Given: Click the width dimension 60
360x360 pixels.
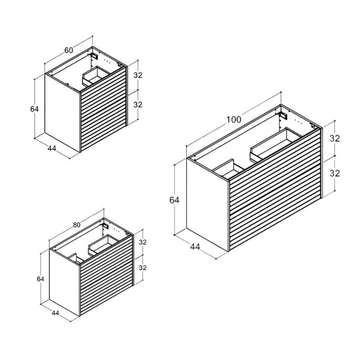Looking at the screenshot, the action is (68, 50).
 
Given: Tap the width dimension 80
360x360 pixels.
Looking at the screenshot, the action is (77, 225).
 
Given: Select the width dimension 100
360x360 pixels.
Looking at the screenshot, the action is (234, 120).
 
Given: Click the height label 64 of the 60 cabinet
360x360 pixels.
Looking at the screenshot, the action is (34, 109).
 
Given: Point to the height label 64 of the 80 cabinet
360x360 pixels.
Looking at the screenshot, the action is (40, 279).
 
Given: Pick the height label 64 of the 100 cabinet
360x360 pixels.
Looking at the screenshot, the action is (174, 200).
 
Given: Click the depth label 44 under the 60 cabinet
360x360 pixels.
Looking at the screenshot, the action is (52, 148).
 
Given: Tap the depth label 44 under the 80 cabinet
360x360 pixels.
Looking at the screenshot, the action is (56, 313).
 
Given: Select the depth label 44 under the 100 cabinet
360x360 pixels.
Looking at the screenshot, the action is (195, 247).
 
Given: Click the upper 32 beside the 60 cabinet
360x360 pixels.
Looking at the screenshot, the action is (138, 75).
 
